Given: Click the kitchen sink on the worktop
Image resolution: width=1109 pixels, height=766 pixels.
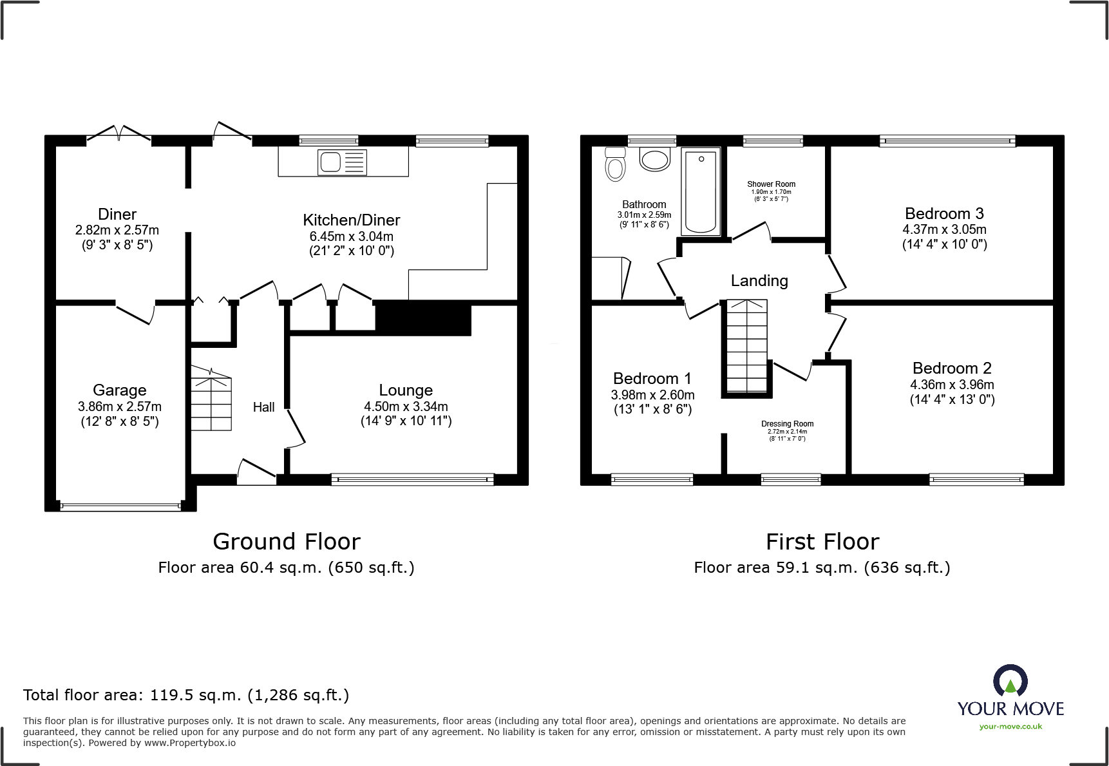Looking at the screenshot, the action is point(342,162).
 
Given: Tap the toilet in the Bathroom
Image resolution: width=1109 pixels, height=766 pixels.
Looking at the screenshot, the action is point(616,164).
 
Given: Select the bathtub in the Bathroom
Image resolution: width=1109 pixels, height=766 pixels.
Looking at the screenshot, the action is point(701,191).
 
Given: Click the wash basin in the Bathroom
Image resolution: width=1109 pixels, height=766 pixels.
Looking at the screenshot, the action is point(655,159).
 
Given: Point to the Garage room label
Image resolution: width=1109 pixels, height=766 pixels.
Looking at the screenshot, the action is point(120,390).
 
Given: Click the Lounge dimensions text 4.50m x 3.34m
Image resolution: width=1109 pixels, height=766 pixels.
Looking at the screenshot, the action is point(406,407).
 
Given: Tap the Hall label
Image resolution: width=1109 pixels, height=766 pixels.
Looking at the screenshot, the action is point(263,407).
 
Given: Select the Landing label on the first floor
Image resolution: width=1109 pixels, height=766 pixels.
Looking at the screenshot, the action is point(759,281).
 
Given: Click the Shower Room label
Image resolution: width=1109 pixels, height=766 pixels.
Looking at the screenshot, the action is point(771,184).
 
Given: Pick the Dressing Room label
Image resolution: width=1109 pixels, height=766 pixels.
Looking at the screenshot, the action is point(787,424).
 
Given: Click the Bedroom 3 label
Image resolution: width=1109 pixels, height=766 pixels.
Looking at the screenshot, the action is point(944,213).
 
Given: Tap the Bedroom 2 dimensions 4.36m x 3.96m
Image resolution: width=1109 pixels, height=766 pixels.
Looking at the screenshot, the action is point(952,385).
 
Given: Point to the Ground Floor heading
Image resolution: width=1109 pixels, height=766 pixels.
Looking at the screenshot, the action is point(287,541).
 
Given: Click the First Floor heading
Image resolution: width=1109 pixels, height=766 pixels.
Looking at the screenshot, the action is point(822,541).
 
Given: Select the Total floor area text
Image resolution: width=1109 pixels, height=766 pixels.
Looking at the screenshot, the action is point(186,695).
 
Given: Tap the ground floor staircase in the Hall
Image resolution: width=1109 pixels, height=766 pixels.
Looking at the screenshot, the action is point(211,399).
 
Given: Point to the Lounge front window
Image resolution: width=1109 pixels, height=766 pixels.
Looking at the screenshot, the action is point(412,479).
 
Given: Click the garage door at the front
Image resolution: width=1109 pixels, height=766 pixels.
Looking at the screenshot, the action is point(120,507).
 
